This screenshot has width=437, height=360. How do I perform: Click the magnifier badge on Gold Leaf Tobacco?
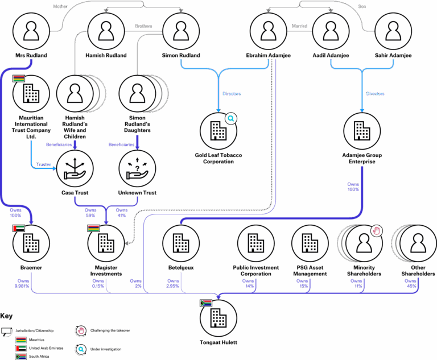pyautogui.click(x=231, y=118)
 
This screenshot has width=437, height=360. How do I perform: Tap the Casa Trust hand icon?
pyautogui.click(x=75, y=168)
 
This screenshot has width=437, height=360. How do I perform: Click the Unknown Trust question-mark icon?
pyautogui.click(x=137, y=168)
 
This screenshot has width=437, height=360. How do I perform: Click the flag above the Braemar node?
pyautogui.click(x=19, y=229)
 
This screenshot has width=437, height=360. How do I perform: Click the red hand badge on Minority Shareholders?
pyautogui.click(x=376, y=230)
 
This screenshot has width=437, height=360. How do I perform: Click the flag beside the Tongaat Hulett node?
pyautogui.click(x=205, y=303)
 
